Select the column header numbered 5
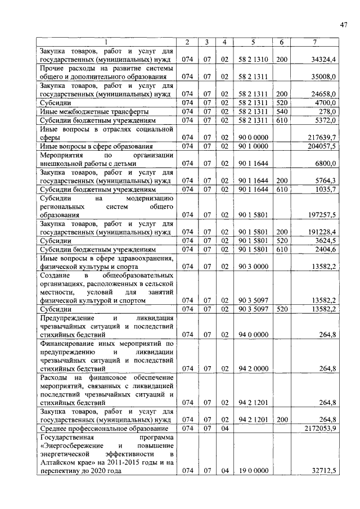253,42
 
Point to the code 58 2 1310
253,59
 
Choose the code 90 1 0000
253,146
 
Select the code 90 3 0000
253,266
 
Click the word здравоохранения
141,258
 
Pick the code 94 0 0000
253,335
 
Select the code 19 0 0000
253,471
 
